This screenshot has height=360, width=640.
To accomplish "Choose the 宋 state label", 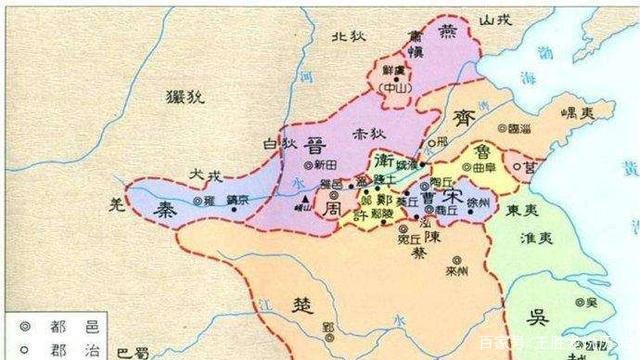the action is click(x=453, y=196).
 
